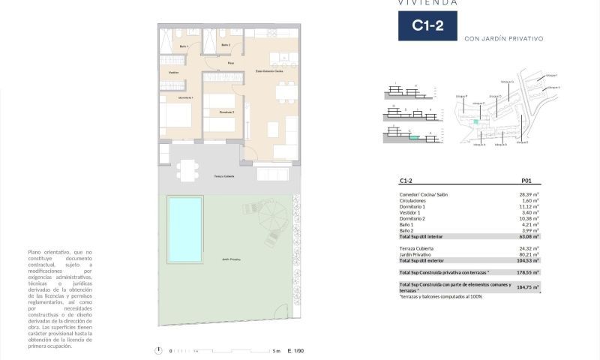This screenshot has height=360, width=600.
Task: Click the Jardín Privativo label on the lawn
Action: pos(231,258)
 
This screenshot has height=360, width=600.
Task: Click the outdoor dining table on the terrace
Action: pos(187,169)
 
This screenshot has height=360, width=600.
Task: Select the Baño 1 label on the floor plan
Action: pos(183,47)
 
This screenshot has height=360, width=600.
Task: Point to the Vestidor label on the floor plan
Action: pos(174,72)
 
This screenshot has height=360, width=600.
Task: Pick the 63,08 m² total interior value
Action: pos(530,236)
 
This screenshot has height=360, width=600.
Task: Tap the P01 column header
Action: pos(526,181)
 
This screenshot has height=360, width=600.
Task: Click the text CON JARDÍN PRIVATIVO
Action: pos(503,38)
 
